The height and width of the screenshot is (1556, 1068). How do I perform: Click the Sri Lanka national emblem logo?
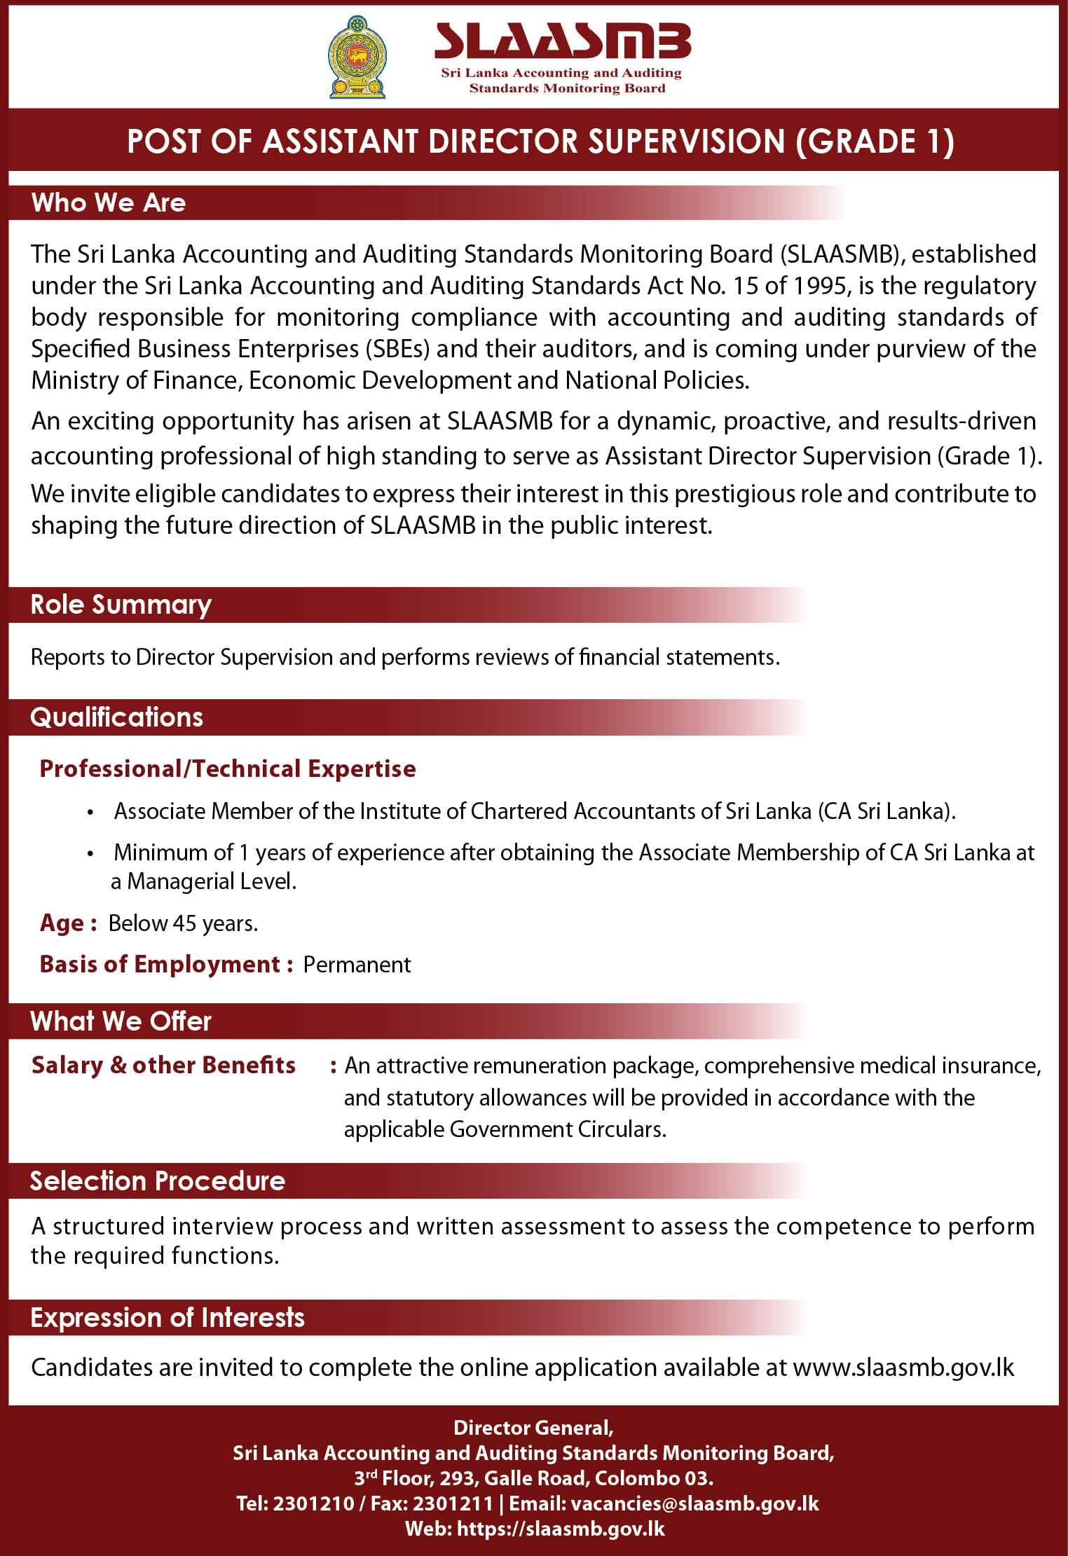coord(357,57)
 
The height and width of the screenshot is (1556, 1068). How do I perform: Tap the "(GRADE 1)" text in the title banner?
coord(875,142)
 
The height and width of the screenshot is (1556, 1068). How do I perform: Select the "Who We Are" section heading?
coord(109,203)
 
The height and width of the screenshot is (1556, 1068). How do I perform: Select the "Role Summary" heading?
coord(121,605)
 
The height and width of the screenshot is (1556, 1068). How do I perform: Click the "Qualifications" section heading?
coord(116,717)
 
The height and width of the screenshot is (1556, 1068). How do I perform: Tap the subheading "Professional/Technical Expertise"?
coord(228,769)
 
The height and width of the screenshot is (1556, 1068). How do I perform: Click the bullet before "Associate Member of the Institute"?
coord(90,813)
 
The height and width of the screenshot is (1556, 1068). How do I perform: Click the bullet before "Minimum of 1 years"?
coord(90,854)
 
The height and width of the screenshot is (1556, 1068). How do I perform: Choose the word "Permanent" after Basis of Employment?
coord(357,965)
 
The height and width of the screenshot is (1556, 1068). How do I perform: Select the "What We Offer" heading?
coord(121,1021)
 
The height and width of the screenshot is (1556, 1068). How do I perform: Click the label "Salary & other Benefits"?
coord(163,1065)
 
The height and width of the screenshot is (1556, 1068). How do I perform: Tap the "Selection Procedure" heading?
coord(158,1181)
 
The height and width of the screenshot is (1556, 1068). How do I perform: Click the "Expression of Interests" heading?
coord(167,1318)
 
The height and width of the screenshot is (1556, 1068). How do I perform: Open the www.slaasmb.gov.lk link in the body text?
coord(903,1367)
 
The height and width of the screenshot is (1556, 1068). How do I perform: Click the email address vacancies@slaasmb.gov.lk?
coord(694,1503)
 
